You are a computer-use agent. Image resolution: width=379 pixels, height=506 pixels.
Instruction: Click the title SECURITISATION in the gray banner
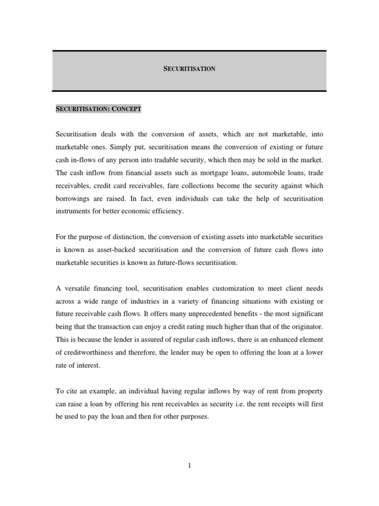[x=189, y=69]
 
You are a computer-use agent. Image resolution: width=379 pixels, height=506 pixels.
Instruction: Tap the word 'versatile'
[x=76, y=288]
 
